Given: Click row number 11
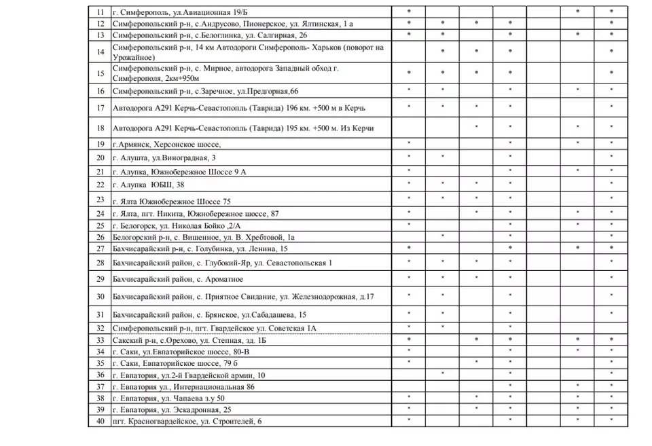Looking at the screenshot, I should [101, 12].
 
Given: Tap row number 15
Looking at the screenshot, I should [101, 73].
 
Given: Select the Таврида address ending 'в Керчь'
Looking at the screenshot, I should [242, 108].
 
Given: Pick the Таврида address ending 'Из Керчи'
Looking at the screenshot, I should [243, 128].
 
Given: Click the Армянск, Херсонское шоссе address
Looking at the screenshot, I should [167, 144].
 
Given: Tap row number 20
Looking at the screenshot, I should [101, 157].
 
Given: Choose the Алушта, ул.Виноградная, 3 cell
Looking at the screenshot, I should [164, 157].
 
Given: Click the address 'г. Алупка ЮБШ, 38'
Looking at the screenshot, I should [148, 185].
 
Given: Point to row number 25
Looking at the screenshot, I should [101, 225].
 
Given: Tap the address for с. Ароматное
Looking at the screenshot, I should [178, 279].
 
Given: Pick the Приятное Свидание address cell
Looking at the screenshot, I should [242, 297].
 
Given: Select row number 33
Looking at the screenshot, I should [101, 340].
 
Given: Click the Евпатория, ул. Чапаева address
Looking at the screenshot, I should [168, 398].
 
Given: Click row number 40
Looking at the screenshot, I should [101, 422].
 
